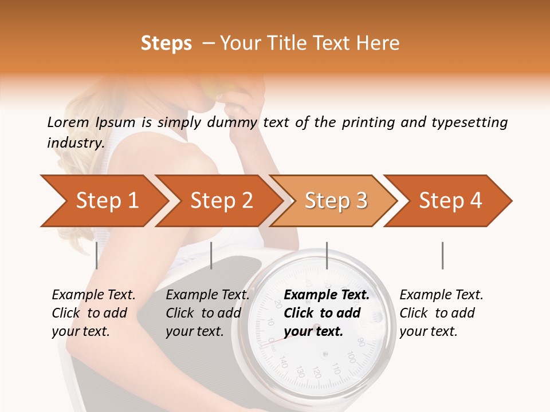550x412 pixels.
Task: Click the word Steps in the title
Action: tap(166, 43)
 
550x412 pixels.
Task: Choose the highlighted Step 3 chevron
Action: tap(336, 201)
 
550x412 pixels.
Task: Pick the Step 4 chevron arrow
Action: tap(450, 201)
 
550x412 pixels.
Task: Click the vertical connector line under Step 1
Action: tap(97, 255)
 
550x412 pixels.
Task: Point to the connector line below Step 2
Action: tap(211, 255)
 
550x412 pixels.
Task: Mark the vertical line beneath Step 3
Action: tap(327, 255)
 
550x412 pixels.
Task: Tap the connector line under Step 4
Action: tap(442, 255)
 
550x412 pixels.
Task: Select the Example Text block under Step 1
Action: tap(93, 313)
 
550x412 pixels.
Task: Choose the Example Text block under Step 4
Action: tap(441, 313)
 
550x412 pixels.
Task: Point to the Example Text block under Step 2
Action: tap(207, 313)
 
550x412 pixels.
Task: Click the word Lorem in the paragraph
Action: tap(68, 122)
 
